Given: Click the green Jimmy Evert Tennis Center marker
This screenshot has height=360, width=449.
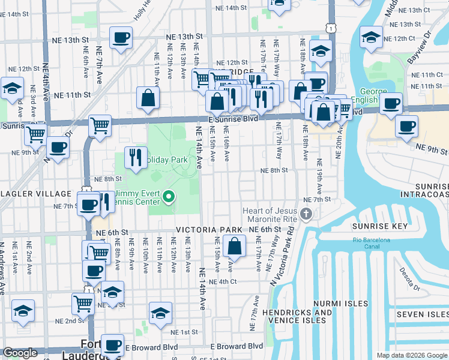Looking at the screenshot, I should point(169,196).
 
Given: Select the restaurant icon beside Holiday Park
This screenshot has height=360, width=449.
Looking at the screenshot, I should point(136,158).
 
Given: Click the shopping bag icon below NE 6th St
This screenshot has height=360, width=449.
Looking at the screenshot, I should point(234,246).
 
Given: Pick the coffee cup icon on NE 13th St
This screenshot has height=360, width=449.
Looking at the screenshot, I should point(121,38).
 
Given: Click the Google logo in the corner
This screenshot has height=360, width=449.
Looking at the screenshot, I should point(20,353).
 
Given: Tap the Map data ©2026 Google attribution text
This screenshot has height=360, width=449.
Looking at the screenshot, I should point(411,355).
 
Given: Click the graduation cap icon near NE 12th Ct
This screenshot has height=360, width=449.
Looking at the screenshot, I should point(371,38).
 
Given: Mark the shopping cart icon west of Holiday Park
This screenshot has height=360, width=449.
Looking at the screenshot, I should point(100,126).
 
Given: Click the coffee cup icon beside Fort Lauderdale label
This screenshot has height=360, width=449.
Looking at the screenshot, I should point(112,345).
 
